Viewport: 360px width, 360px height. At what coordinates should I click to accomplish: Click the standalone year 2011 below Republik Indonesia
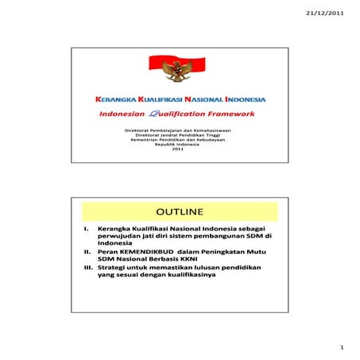[x=176, y=149]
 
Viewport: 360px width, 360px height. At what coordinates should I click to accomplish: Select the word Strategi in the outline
[x=114, y=268]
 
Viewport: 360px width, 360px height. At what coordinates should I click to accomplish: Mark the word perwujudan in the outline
[x=120, y=237]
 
